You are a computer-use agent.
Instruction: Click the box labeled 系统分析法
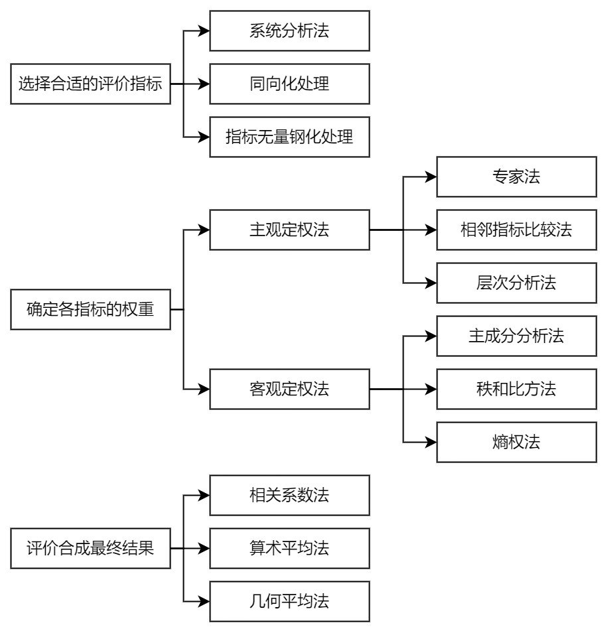pyautogui.click(x=289, y=31)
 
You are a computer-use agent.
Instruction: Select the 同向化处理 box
pyautogui.click(x=289, y=84)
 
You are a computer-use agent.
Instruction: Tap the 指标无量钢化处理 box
pyautogui.click(x=289, y=137)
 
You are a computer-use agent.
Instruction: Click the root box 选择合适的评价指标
pyautogui.click(x=90, y=84)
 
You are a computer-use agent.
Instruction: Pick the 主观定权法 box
pyautogui.click(x=289, y=230)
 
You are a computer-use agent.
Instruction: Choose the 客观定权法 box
pyautogui.click(x=289, y=389)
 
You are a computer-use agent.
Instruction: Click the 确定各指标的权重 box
pyautogui.click(x=90, y=310)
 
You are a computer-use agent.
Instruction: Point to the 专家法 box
pyautogui.click(x=516, y=177)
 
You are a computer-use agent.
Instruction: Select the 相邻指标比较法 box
pyautogui.click(x=516, y=230)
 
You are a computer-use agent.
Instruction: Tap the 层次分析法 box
pyautogui.click(x=516, y=283)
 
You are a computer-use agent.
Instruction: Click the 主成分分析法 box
pyautogui.click(x=516, y=336)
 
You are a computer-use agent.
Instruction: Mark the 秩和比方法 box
pyautogui.click(x=516, y=389)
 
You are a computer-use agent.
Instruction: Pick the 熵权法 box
pyautogui.click(x=516, y=443)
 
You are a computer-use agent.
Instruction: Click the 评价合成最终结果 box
pyautogui.click(x=90, y=549)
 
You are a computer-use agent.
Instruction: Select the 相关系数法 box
pyautogui.click(x=289, y=496)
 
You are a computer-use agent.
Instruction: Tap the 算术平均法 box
pyautogui.click(x=289, y=549)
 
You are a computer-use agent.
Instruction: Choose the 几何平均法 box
pyautogui.click(x=289, y=602)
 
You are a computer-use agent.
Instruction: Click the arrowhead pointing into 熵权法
pyautogui.click(x=431, y=443)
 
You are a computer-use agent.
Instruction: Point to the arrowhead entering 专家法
pyautogui.click(x=431, y=177)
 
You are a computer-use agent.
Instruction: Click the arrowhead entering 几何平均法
pyautogui.click(x=204, y=602)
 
